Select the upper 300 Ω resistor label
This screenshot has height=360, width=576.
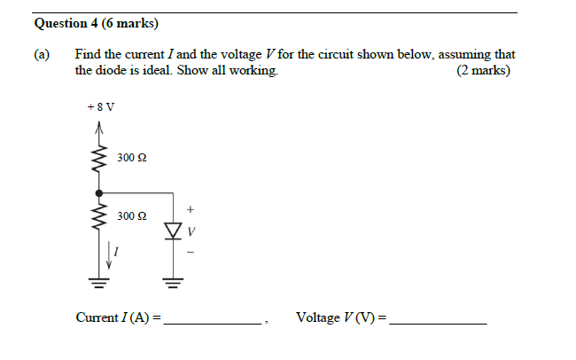[131, 158]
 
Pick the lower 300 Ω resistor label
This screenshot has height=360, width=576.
[131, 215]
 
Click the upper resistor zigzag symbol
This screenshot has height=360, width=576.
[99, 160]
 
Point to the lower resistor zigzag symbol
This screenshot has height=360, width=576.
[99, 220]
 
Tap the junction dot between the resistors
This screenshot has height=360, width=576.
[99, 192]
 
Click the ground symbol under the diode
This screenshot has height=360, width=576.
[173, 284]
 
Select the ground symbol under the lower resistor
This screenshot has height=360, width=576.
[99, 284]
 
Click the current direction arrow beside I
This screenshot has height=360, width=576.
[110, 255]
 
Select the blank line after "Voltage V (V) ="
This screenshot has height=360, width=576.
[439, 323]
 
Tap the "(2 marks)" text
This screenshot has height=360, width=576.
[483, 70]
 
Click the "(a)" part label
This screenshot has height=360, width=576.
[42, 54]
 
